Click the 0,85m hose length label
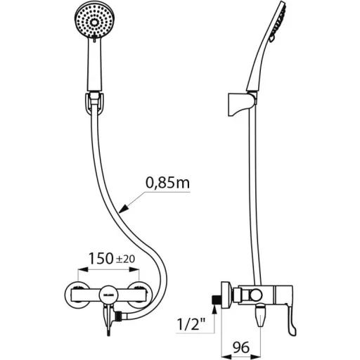pyautogui.click(x=167, y=183)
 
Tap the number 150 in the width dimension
pyautogui.click(x=101, y=259)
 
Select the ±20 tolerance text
pyautogui.click(x=126, y=259)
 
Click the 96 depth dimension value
pyautogui.click(x=241, y=347)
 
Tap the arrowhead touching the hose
pyautogui.click(x=124, y=209)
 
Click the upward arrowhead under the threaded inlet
pyautogui.click(x=214, y=311)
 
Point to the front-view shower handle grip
pyautogui.click(x=95, y=65)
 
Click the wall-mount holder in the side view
pyautogui.click(x=241, y=105)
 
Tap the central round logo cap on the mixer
pyautogui.click(x=108, y=295)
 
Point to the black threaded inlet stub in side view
pyautogui.click(x=216, y=300)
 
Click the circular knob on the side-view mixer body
pyautogui.click(x=255, y=295)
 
